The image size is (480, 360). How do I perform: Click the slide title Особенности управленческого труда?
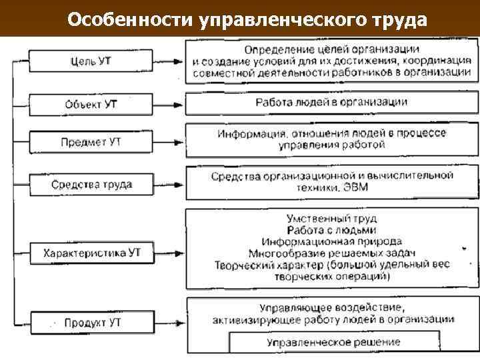click(247, 19)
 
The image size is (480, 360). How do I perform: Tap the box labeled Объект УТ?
click(92, 105)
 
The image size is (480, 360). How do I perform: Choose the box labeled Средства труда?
click(92, 184)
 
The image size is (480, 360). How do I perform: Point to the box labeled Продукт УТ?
click(92, 323)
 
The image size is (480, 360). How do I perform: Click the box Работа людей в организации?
click(331, 103)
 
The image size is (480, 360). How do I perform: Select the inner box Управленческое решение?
click(333, 342)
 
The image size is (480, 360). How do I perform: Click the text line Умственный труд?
click(331, 199)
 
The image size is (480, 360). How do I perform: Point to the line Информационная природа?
click(331, 222)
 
